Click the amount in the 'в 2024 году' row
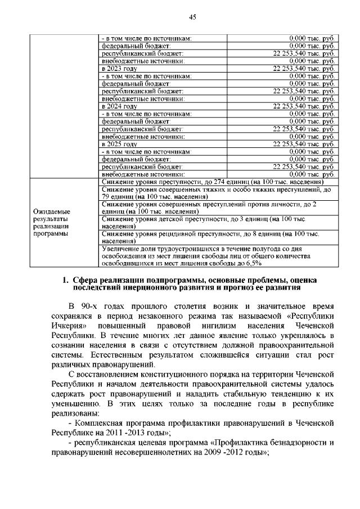[304, 106]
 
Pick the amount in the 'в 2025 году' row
[304, 144]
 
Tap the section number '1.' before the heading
[66, 280]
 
